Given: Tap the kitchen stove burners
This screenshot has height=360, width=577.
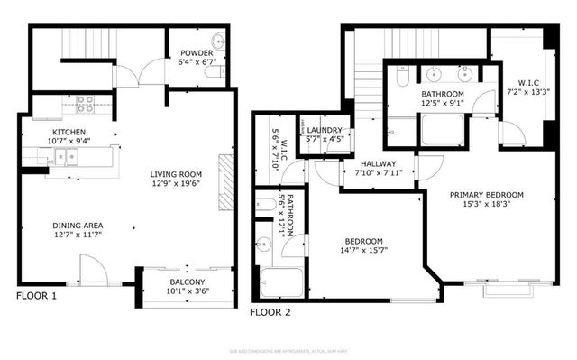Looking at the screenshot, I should click(85, 105).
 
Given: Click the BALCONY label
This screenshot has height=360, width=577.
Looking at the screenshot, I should click(187, 282).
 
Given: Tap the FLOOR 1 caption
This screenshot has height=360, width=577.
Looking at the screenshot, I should click(37, 295).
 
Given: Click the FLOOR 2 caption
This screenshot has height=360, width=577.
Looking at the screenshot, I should click(270, 312).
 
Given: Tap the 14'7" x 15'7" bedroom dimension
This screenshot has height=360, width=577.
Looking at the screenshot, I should click(364, 252).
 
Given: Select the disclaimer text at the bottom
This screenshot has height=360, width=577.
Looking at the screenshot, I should click(288, 350).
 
